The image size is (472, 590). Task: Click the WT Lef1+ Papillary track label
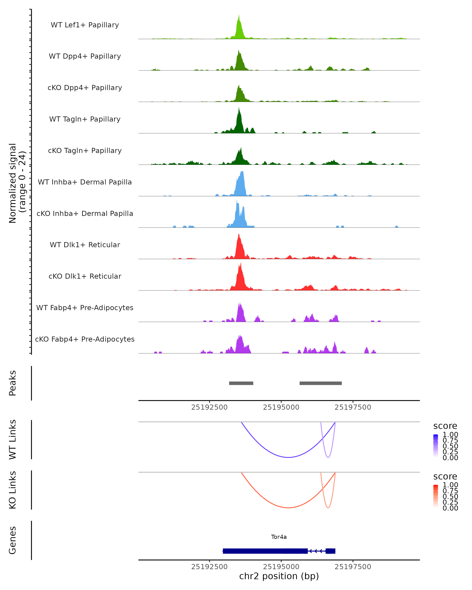(x=85, y=25)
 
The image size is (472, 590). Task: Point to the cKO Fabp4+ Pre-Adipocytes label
(x=85, y=339)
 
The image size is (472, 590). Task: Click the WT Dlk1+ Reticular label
(x=85, y=245)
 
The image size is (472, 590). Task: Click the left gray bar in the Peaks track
(x=241, y=383)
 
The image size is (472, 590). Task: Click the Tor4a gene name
(x=279, y=537)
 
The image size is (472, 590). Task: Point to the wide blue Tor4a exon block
(x=265, y=551)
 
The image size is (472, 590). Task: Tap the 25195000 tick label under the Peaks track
(x=281, y=407)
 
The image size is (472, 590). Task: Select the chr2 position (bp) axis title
(x=279, y=576)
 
